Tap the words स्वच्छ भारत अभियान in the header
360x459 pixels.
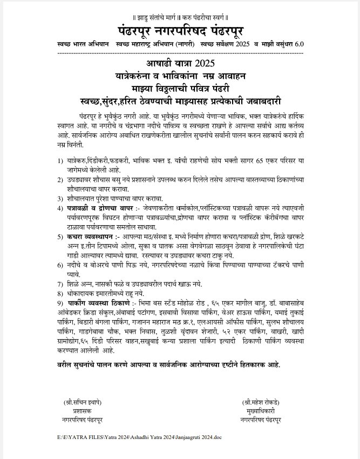click(83, 43)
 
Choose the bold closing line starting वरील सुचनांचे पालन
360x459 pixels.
click(169, 365)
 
